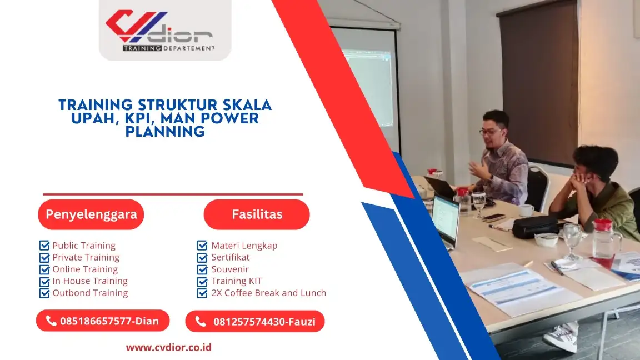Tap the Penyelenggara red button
click(x=91, y=214)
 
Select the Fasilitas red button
click(x=257, y=214)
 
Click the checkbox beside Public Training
click(x=44, y=246)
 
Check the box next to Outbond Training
click(x=44, y=293)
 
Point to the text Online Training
click(x=85, y=269)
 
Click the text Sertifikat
click(x=230, y=257)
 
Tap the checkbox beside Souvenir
click(x=202, y=269)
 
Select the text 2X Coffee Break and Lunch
click(x=268, y=293)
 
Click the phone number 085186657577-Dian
click(x=109, y=321)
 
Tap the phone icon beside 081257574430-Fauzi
click(x=201, y=321)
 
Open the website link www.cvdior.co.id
click(x=168, y=348)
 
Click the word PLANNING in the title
click(x=165, y=132)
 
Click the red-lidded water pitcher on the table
click(x=604, y=242)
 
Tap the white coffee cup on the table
click(x=525, y=210)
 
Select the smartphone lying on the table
click(x=494, y=218)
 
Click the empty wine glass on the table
click(x=572, y=239)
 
